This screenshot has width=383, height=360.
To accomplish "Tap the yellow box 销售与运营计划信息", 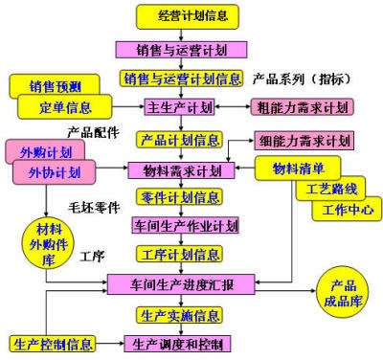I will [x=182, y=79].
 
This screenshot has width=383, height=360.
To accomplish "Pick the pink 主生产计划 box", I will [x=177, y=106].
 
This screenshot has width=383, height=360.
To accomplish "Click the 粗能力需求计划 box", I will [x=302, y=106].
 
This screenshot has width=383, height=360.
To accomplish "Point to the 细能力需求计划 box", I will [x=304, y=141].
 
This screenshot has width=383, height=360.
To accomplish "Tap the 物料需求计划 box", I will [x=181, y=170].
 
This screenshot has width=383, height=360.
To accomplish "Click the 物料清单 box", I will [x=297, y=169].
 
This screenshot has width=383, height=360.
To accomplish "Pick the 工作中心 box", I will [x=347, y=208].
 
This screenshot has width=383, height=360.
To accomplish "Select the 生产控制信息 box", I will [x=53, y=344].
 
